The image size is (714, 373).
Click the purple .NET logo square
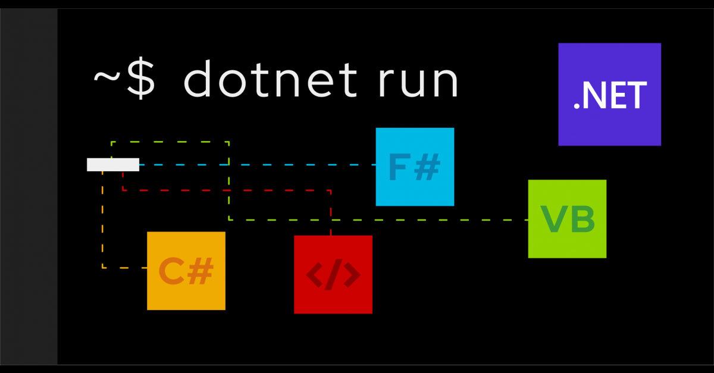609,94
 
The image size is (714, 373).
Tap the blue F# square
415,167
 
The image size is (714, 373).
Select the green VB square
567,218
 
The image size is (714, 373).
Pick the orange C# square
186,271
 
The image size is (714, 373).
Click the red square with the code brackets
333,274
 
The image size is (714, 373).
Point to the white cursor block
113,165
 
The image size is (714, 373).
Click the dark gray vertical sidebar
29,186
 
